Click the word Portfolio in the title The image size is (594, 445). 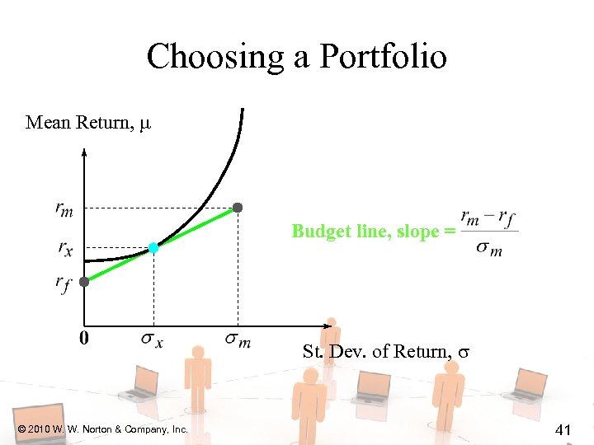coord(383,58)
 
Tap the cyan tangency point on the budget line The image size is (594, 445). coord(153,247)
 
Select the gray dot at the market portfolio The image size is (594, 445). coord(238,207)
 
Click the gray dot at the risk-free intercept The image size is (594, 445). coord(84,281)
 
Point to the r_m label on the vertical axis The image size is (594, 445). coord(64,209)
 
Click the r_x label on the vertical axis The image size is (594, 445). coord(64,247)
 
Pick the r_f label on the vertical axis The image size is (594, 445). coord(64,284)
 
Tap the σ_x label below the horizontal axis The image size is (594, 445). coord(152,340)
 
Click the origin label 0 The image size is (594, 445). coord(84,338)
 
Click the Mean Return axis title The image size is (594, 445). coord(88,124)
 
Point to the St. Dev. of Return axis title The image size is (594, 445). coord(385,352)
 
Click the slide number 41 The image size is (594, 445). coord(564,429)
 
